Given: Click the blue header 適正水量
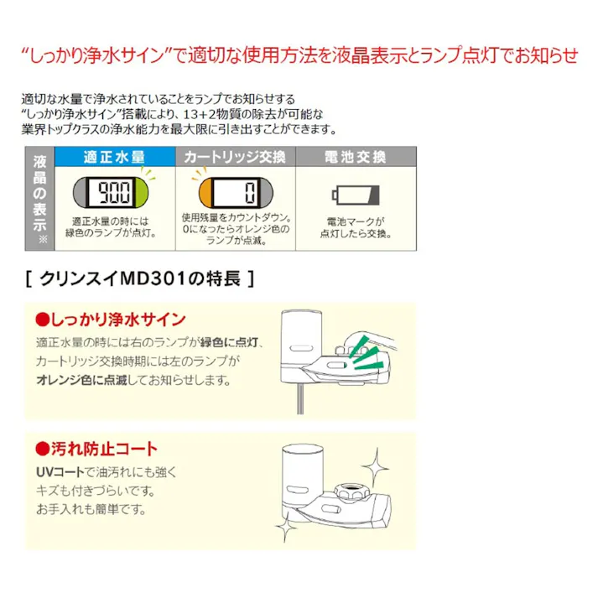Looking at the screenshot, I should click(x=114, y=157).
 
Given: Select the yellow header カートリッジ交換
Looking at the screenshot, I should click(x=236, y=157).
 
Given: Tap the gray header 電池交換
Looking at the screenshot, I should click(x=355, y=157).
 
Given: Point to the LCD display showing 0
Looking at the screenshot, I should click(x=231, y=195).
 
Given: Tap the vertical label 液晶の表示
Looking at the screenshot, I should click(x=39, y=194).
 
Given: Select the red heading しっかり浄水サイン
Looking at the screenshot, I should click(x=109, y=320).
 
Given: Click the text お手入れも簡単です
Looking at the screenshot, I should click(x=91, y=509).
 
